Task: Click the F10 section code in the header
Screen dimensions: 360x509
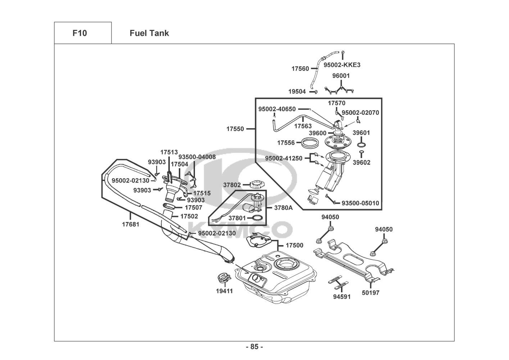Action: (79, 33)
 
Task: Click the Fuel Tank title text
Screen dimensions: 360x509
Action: (149, 33)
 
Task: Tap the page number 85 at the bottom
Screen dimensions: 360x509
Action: (254, 347)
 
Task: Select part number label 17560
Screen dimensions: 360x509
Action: (300, 68)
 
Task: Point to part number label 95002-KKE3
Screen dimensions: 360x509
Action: (342, 65)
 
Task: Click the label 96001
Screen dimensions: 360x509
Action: (341, 76)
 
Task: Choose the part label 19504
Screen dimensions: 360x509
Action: (297, 92)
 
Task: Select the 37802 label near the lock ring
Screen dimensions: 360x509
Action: (232, 185)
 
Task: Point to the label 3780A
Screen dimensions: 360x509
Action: (283, 208)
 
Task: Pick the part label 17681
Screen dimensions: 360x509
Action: (130, 224)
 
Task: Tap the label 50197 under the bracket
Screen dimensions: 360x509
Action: (371, 293)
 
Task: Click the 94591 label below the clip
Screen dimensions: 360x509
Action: (341, 297)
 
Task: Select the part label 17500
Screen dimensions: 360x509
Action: (294, 246)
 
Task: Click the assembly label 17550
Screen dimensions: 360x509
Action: (235, 129)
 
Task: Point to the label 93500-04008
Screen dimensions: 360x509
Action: (197, 157)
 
